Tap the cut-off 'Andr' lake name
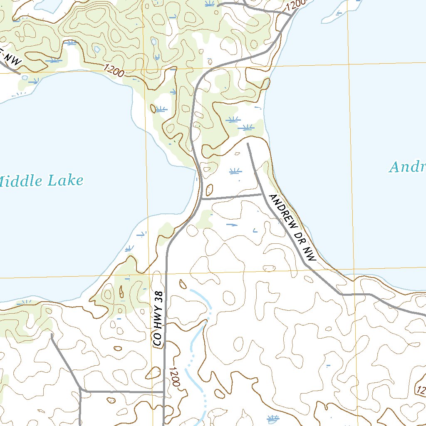click(x=407, y=167)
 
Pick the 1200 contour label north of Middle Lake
click(x=112, y=70)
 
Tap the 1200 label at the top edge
click(x=296, y=5)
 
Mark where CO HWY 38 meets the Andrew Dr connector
click(x=202, y=199)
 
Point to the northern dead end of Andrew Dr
click(x=248, y=144)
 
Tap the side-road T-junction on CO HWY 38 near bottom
click(x=164, y=392)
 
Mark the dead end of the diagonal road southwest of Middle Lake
click(x=51, y=334)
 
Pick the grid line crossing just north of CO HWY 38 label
click(x=149, y=275)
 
